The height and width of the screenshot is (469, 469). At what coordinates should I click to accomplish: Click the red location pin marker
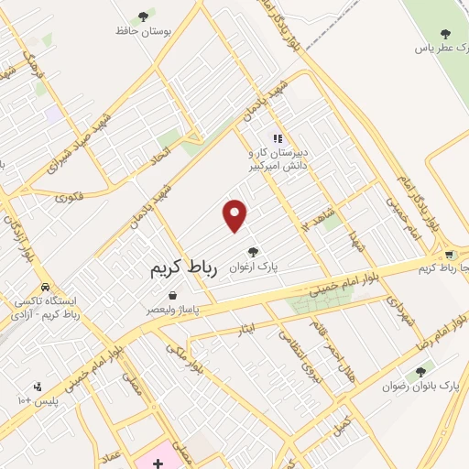[235, 215]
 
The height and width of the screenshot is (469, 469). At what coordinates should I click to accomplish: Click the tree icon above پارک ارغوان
[253, 252]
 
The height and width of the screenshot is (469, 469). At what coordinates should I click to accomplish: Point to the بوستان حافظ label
[144, 31]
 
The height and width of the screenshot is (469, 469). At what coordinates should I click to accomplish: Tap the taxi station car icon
[44, 285]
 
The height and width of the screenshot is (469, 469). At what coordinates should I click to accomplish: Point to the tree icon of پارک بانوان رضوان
[421, 372]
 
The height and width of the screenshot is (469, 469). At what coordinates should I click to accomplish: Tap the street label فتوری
[70, 196]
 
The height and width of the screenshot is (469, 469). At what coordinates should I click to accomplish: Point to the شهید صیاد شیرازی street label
[117, 138]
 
